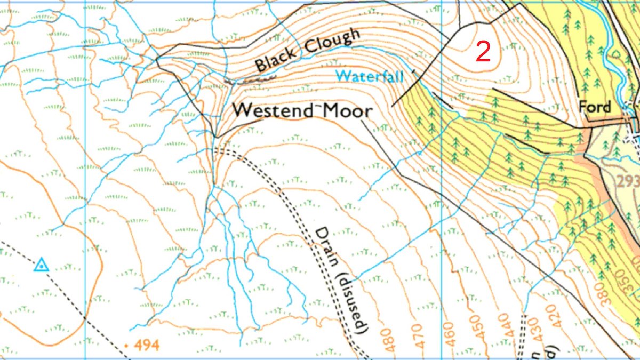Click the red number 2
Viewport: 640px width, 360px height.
pyautogui.click(x=483, y=51)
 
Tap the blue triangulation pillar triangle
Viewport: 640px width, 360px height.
pyautogui.click(x=41, y=265)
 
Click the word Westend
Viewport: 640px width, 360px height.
pyautogui.click(x=272, y=110)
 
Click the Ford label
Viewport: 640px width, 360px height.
pyautogui.click(x=595, y=107)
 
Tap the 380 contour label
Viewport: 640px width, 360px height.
pyautogui.click(x=607, y=293)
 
